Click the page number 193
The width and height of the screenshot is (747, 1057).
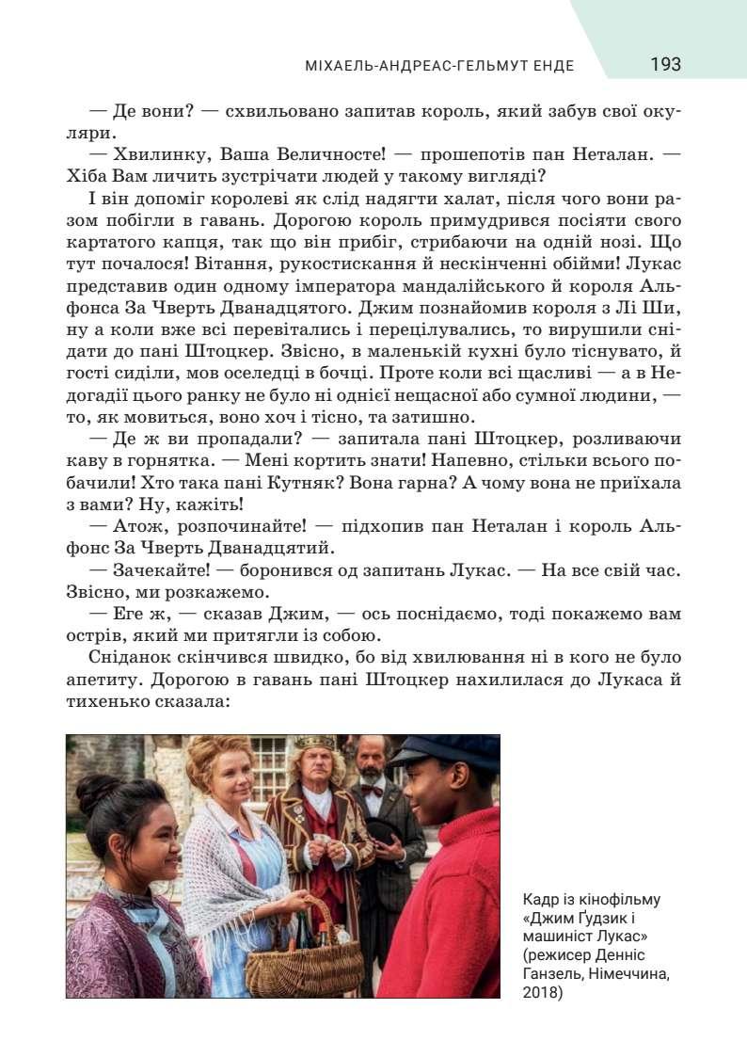point(664,65)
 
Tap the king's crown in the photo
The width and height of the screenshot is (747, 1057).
point(314,743)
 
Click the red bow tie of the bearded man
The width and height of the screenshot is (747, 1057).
point(373,791)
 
